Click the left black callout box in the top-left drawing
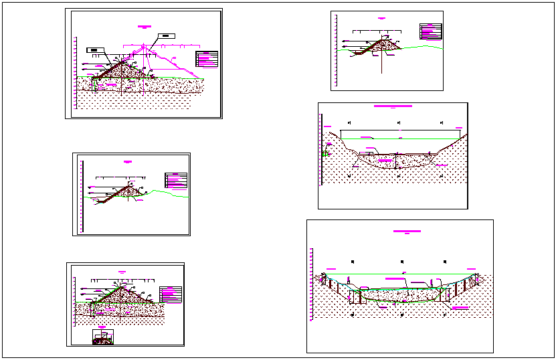[x=96, y=50]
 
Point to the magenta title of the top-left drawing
[x=145, y=26]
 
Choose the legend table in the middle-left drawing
[x=175, y=180]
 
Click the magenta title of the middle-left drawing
[x=128, y=161]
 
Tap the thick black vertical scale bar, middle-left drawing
[x=80, y=195]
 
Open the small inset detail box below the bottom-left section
[x=102, y=336]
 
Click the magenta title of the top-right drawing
[x=382, y=19]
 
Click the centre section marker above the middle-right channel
[x=399, y=123]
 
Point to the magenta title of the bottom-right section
[x=407, y=231]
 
